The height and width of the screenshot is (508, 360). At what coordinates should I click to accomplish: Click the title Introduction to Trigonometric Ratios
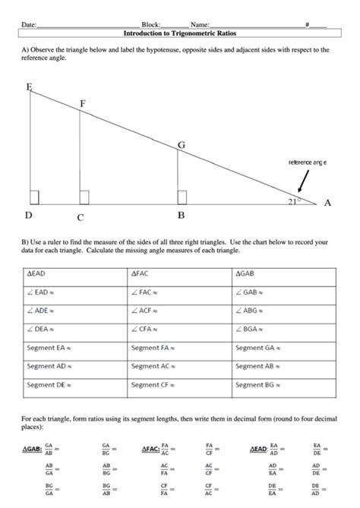[x=179, y=34]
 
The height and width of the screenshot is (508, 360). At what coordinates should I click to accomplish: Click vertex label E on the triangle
[x=29, y=87]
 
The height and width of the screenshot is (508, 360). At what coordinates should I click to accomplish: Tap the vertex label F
[x=82, y=103]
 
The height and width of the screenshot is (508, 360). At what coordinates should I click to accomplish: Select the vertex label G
[x=181, y=144]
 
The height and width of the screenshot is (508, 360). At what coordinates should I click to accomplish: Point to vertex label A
[x=327, y=203]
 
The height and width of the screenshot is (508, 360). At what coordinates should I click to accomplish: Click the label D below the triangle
[x=28, y=216]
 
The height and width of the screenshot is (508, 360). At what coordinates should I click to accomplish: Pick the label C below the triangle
[x=80, y=216]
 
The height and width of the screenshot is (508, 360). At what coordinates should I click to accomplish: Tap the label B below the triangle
[x=181, y=216]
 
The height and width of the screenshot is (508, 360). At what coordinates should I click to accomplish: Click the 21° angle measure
[x=294, y=201]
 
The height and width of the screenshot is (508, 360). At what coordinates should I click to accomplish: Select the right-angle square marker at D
[x=34, y=198]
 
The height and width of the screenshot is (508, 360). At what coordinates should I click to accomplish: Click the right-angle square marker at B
[x=182, y=198]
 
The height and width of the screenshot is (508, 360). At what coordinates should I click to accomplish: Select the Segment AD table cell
[x=74, y=366]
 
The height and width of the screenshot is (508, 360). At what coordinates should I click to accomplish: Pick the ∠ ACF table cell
[x=178, y=311]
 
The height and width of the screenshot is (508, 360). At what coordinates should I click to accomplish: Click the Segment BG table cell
[x=283, y=385]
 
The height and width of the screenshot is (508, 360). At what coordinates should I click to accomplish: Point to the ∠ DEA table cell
[x=74, y=329]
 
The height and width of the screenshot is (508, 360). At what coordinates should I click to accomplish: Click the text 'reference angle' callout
[x=308, y=162]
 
